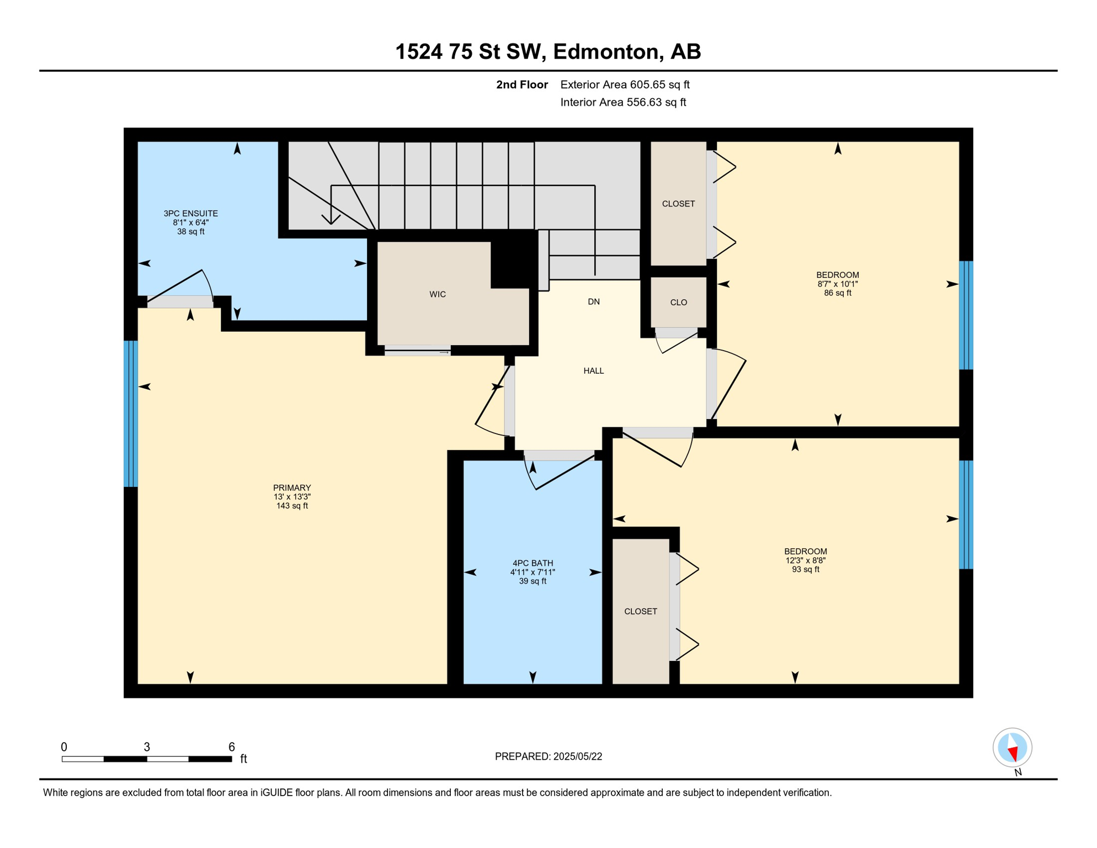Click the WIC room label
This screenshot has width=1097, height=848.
(438, 294)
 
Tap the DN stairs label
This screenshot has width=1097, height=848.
(594, 301)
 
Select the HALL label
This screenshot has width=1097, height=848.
(594, 370)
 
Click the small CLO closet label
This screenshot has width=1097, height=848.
(678, 303)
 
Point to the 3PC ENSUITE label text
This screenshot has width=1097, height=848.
(190, 213)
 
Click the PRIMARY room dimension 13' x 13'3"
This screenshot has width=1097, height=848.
(292, 496)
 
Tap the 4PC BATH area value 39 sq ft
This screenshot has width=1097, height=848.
(532, 581)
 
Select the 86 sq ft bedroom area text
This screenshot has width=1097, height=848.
(837, 293)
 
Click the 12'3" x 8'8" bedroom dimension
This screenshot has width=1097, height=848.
(805, 560)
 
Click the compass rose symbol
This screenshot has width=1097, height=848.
(1012, 747)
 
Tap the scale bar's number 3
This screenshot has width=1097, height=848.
(147, 746)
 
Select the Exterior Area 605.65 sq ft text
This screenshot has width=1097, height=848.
(625, 84)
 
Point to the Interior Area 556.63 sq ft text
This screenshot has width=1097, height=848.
(623, 102)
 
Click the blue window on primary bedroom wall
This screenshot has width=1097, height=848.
(130, 414)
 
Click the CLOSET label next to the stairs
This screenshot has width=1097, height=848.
(678, 204)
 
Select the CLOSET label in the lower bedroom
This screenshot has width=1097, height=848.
(640, 611)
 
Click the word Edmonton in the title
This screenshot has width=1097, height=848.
(607, 51)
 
